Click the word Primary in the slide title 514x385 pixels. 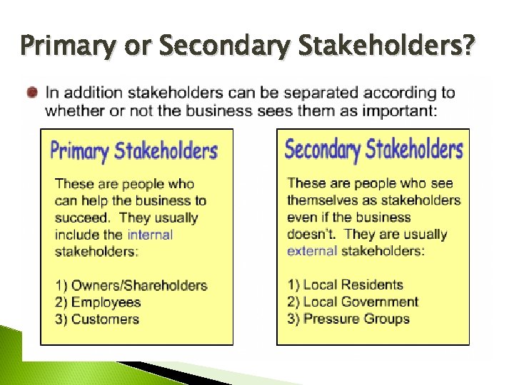[x=64, y=46]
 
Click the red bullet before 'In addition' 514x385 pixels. [x=32, y=93]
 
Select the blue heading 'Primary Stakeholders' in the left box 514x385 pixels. [x=133, y=151]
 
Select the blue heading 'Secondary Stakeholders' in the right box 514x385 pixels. [x=373, y=150]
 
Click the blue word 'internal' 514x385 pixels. [x=150, y=235]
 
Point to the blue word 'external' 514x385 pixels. [x=312, y=251]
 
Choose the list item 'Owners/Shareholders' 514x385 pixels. [x=139, y=285]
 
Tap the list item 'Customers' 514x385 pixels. [x=105, y=319]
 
